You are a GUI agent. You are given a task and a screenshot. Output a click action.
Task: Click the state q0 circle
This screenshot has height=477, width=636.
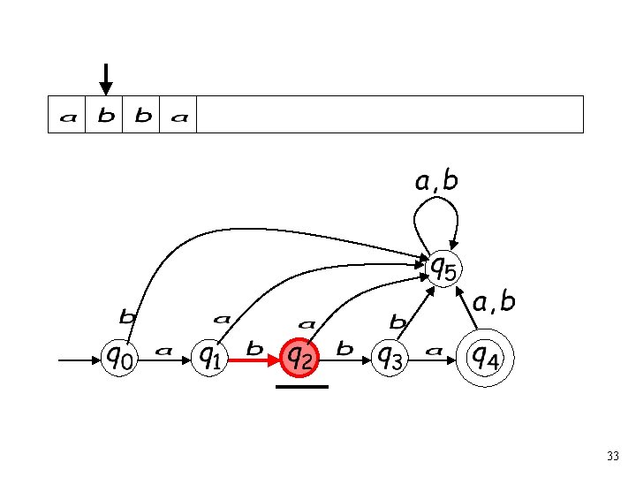[x=120, y=358]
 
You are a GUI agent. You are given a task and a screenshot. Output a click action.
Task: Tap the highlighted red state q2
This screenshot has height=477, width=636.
[x=299, y=358]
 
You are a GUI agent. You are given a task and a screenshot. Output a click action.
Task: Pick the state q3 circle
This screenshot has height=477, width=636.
[x=390, y=358]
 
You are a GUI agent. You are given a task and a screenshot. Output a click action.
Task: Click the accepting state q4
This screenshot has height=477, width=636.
[x=484, y=358]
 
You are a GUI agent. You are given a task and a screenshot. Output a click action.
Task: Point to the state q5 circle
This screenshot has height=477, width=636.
[x=443, y=266]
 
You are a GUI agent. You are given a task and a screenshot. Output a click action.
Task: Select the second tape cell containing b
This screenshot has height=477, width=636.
[x=104, y=116]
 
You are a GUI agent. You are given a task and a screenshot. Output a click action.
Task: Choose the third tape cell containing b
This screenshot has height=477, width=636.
[x=141, y=116]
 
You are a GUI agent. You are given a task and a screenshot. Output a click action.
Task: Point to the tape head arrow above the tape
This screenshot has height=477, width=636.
[x=105, y=79]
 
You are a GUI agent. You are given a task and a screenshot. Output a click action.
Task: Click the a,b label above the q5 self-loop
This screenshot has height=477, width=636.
[x=436, y=182]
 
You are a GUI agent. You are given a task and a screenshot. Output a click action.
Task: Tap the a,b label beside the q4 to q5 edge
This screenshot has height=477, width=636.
[x=493, y=303]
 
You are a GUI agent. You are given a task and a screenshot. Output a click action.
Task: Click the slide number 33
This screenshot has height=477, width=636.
[x=613, y=457]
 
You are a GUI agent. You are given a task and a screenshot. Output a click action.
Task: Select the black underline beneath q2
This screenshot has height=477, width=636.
[x=301, y=387]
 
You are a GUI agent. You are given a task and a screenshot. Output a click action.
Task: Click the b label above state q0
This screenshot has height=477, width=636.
[x=128, y=314]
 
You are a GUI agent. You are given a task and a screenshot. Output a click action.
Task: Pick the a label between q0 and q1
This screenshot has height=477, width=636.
[x=163, y=351]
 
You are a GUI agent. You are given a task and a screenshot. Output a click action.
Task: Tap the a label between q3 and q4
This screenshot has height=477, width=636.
[x=434, y=351]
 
